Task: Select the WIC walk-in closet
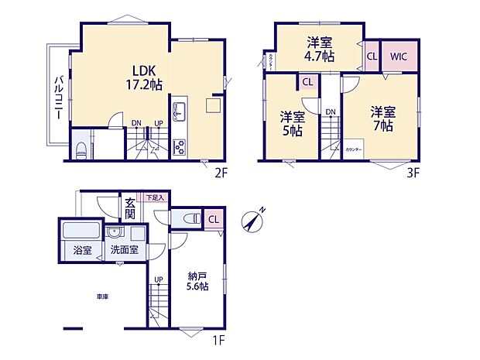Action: point(399,57)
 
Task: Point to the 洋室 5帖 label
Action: point(293,124)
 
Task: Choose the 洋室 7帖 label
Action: point(382,117)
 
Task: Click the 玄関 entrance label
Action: point(130,208)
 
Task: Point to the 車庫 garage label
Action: point(102,297)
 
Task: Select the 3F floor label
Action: point(412,173)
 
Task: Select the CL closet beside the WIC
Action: point(372,57)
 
